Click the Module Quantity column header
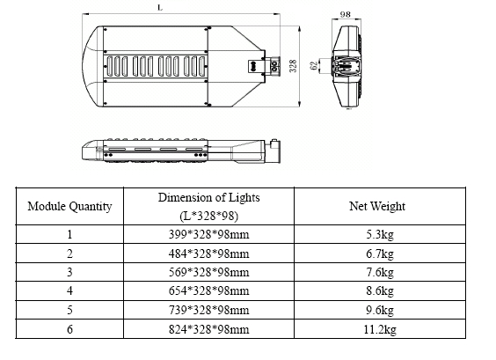tap(70, 207)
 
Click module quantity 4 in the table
tap(69, 292)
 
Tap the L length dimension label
tap(158, 7)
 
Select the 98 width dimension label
tap(345, 15)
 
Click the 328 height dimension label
tap(292, 66)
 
